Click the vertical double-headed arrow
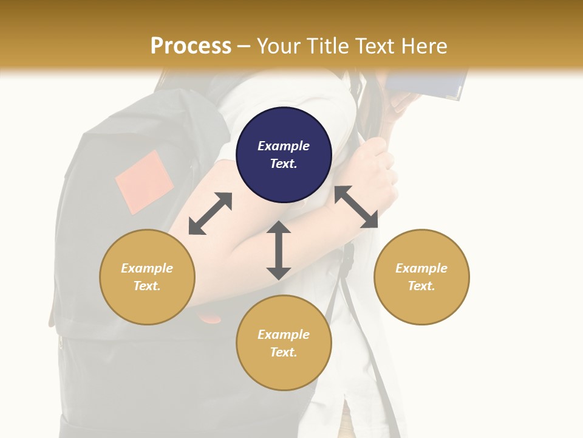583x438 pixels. (279, 250)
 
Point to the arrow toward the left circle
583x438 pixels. (210, 214)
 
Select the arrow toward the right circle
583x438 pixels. (356, 207)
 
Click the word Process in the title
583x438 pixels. (191, 46)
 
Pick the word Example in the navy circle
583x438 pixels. (284, 146)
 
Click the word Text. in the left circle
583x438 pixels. (147, 286)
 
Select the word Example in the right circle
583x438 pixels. (421, 268)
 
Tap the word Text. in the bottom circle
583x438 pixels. (284, 352)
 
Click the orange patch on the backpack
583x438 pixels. (145, 182)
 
